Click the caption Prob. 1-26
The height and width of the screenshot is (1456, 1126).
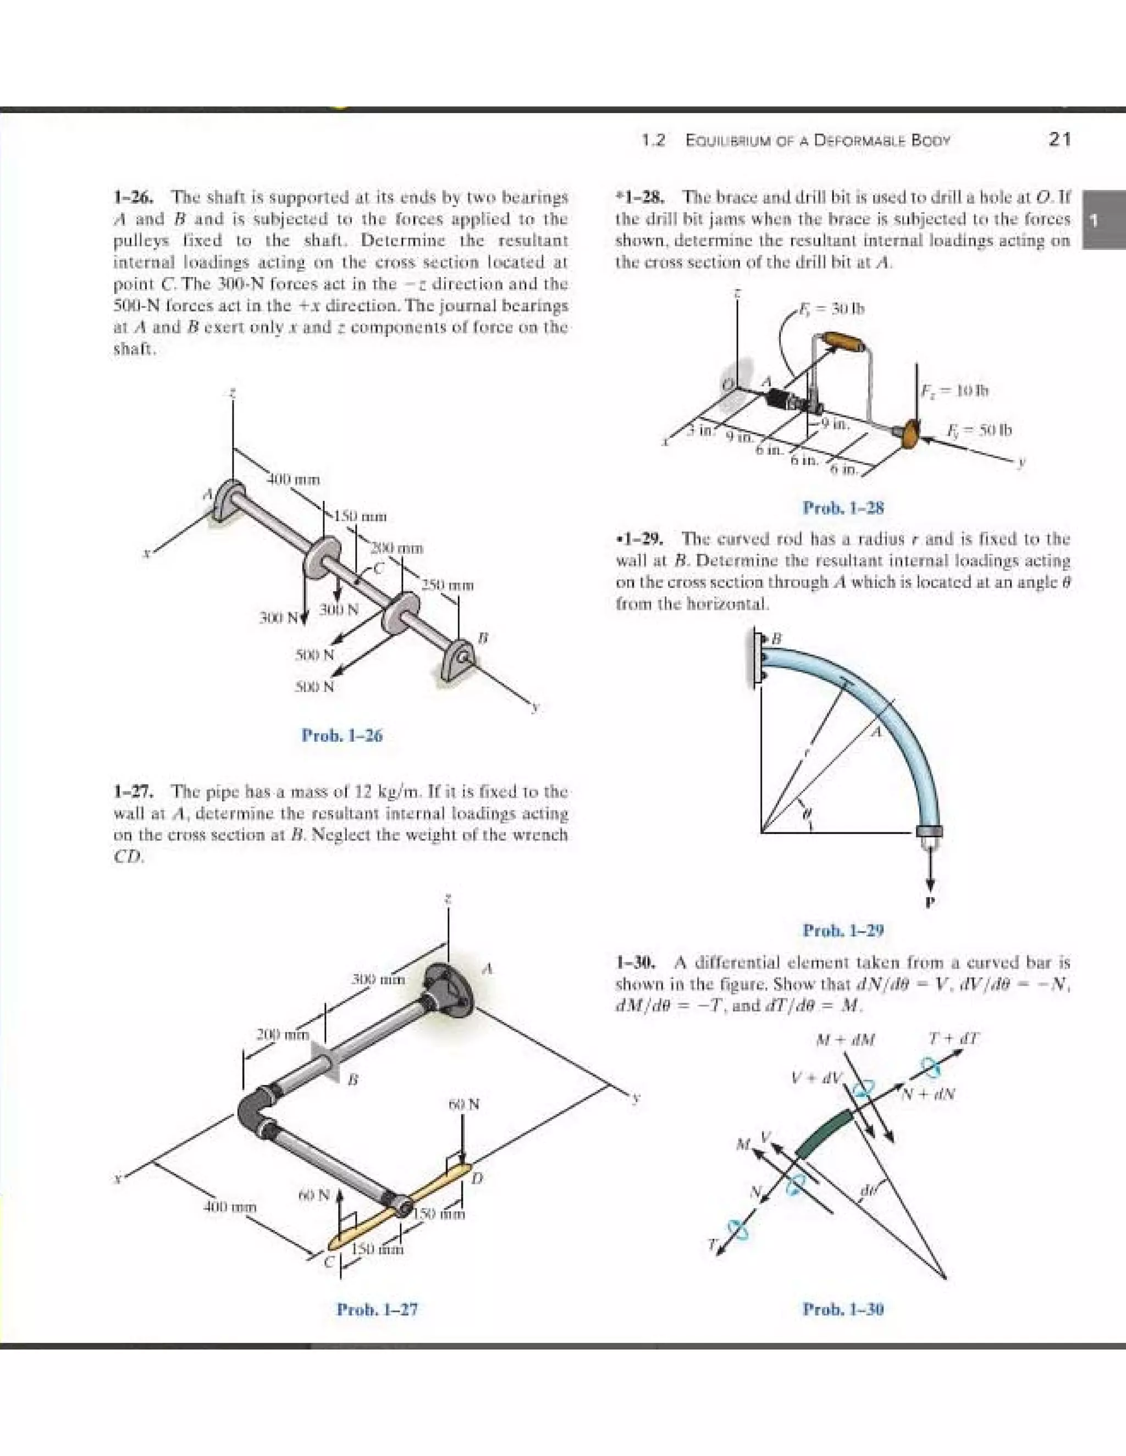[342, 736]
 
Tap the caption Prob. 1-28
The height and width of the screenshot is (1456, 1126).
[843, 508]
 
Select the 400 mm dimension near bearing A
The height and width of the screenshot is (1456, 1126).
[294, 479]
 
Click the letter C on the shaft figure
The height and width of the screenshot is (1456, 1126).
[379, 569]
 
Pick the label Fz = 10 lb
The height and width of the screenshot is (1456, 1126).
[954, 390]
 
